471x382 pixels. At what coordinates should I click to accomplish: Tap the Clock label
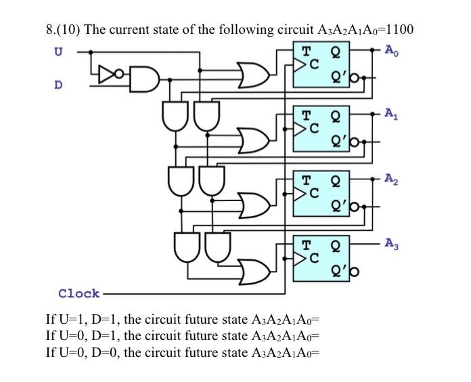pyautogui.click(x=78, y=293)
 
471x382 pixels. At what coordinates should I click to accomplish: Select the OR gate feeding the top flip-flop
pyautogui.click(x=251, y=76)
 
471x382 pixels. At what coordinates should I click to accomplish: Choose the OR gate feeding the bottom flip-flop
pyautogui.click(x=251, y=270)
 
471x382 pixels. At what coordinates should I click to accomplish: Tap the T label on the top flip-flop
pyautogui.click(x=307, y=51)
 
